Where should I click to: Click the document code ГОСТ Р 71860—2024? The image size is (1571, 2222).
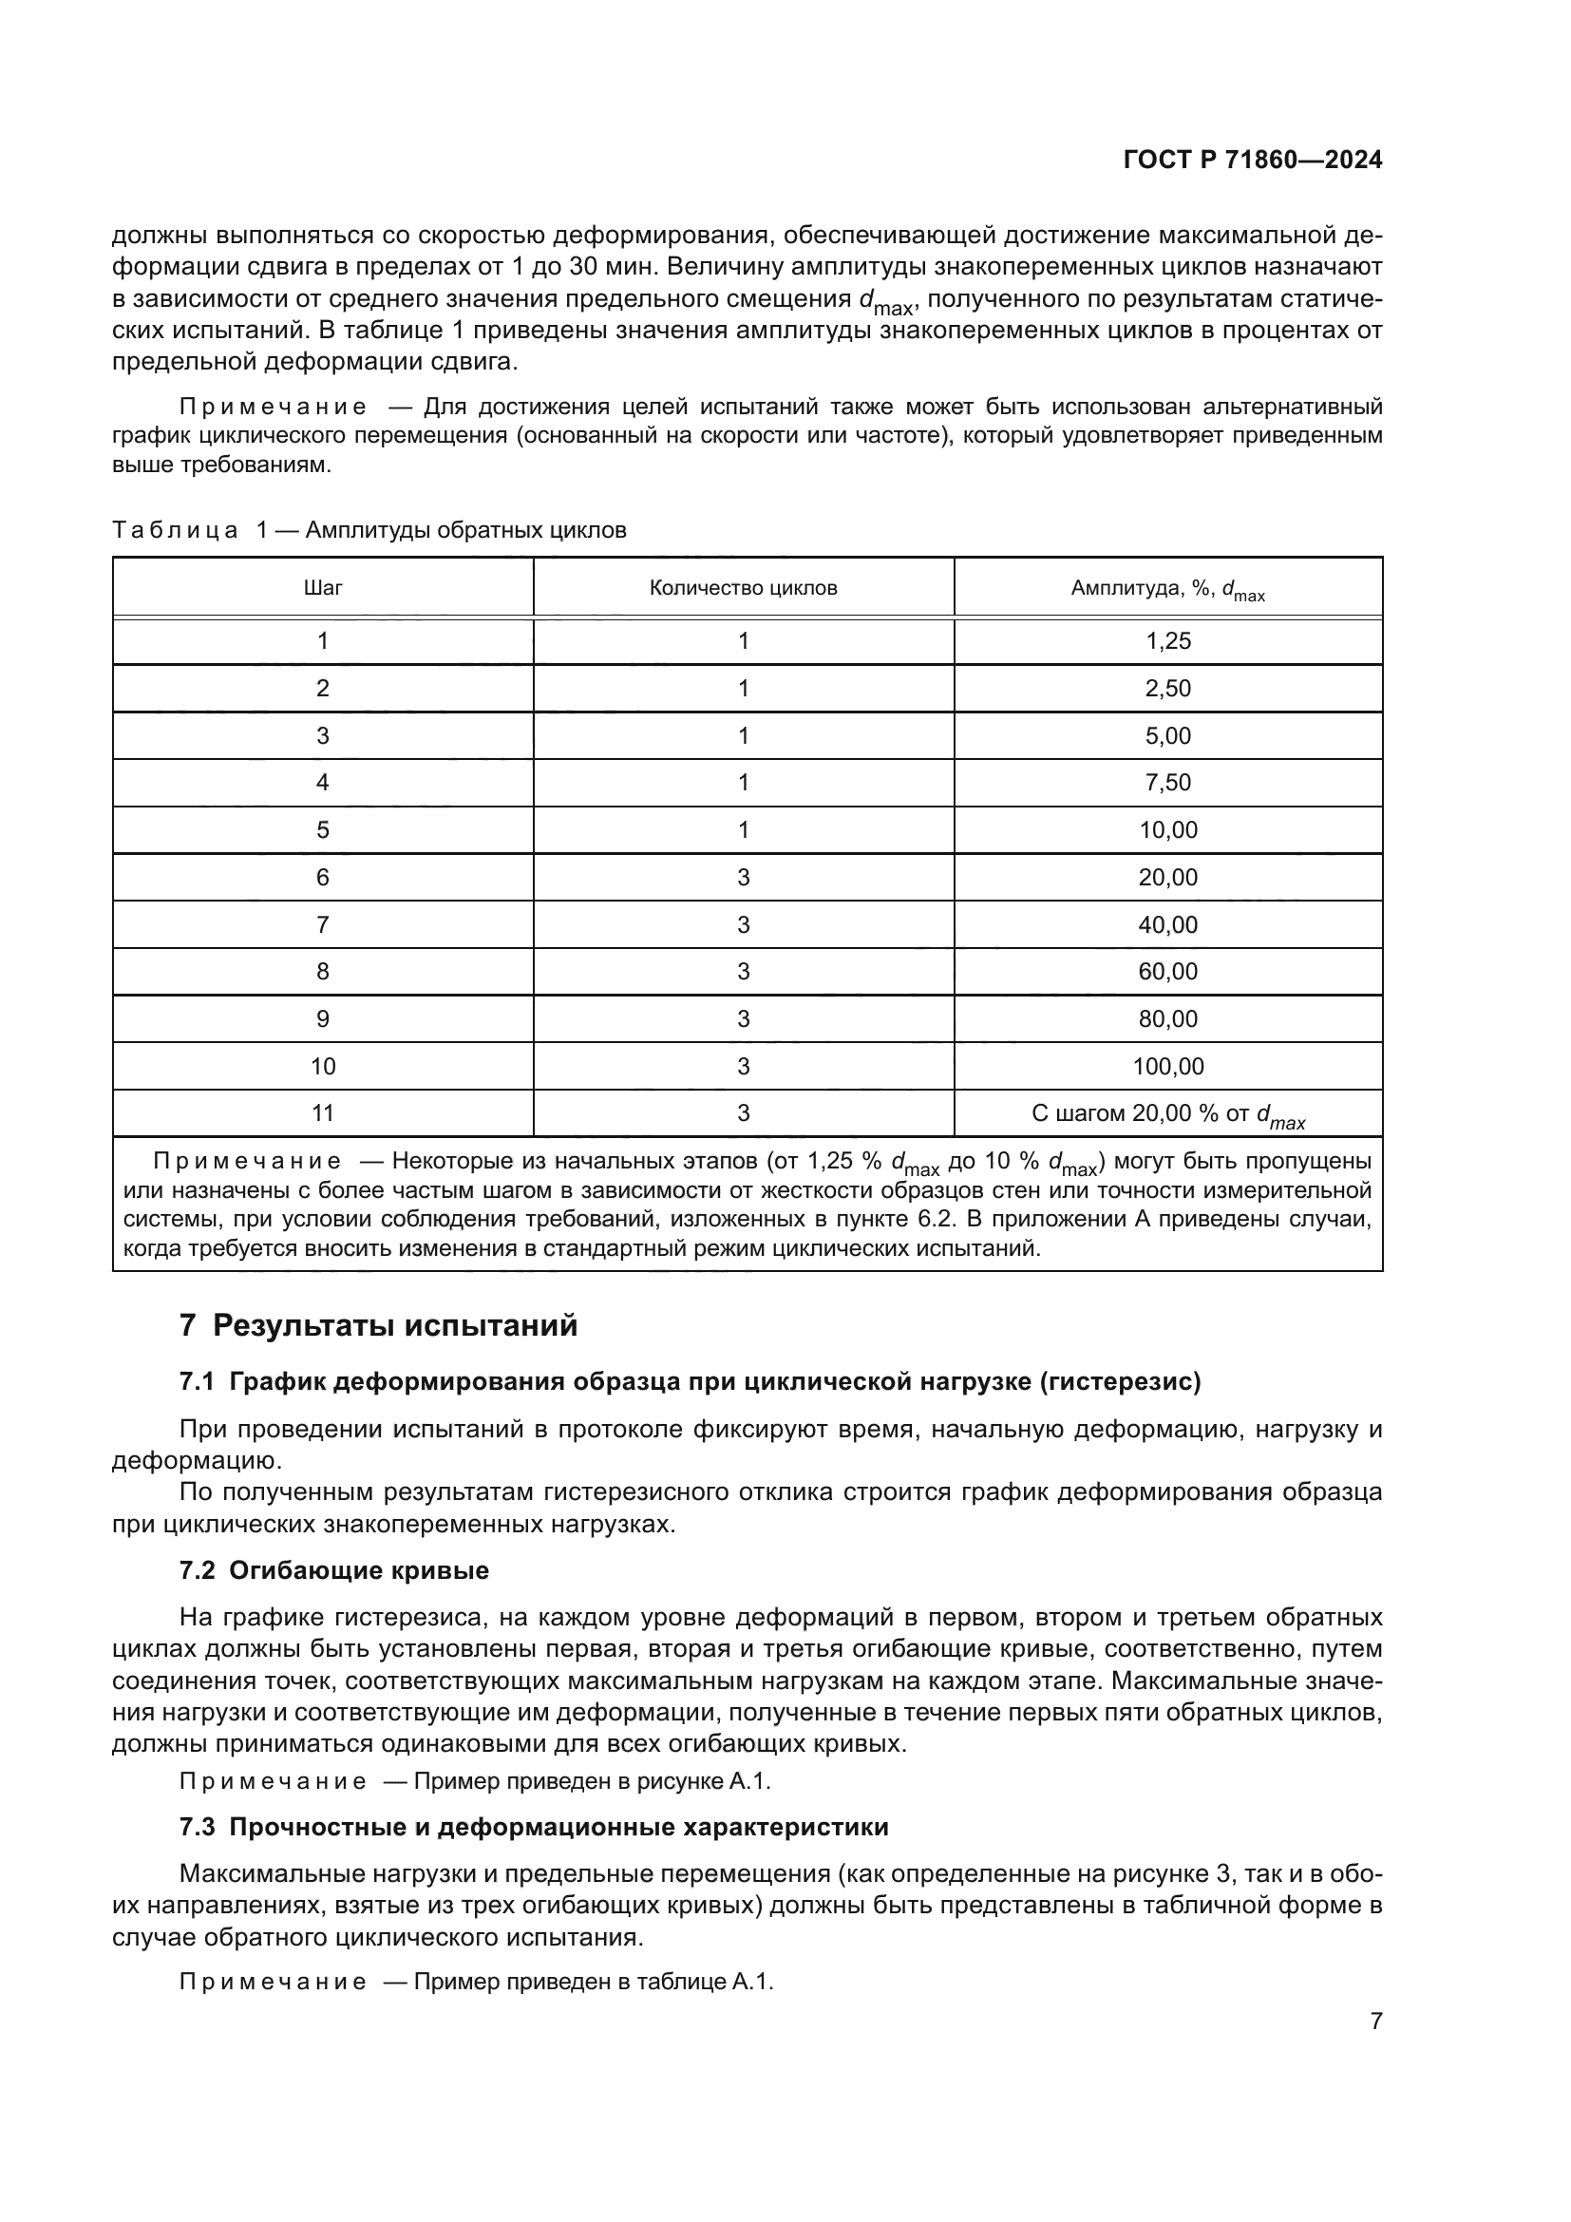tap(1253, 161)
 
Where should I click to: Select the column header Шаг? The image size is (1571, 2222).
tap(322, 587)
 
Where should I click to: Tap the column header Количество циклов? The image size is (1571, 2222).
tap(743, 587)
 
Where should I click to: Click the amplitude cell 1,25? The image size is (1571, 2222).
tap(1167, 640)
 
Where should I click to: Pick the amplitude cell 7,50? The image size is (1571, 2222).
tap(1167, 782)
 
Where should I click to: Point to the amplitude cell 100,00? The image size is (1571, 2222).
tap(1167, 1067)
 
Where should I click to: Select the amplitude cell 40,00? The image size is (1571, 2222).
tap(1167, 924)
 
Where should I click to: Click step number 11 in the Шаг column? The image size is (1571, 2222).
tap(322, 1113)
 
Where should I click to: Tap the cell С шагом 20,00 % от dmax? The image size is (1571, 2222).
tap(1167, 1114)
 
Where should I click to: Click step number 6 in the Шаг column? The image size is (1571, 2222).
tap(322, 877)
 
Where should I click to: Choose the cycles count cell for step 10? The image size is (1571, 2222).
tap(743, 1067)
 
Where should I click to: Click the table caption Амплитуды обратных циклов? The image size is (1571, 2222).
tap(465, 530)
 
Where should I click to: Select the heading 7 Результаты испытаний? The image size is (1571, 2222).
tap(378, 1325)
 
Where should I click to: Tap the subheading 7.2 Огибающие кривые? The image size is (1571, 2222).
tap(333, 1569)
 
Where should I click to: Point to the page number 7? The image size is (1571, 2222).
tap(1375, 2021)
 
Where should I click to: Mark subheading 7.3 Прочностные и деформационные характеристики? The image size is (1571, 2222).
tap(533, 1827)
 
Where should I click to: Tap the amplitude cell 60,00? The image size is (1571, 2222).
tap(1167, 972)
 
